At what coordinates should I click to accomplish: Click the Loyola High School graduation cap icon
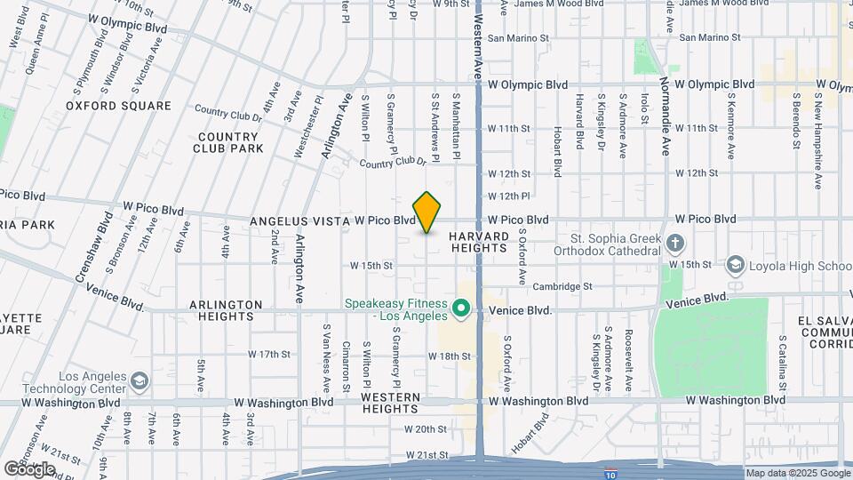point(735,265)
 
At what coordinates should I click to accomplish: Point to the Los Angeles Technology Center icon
point(139,381)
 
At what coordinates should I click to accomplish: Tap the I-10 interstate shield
point(610,472)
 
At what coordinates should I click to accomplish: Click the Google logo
point(29,468)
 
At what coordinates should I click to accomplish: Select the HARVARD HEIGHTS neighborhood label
point(478,242)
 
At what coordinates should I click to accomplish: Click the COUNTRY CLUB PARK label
point(228,142)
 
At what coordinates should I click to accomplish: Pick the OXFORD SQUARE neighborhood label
point(118,106)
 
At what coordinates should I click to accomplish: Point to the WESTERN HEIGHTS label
point(390,402)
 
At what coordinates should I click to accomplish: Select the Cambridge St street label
point(562,286)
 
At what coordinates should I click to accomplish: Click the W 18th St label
point(449,356)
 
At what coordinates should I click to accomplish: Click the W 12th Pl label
point(508,196)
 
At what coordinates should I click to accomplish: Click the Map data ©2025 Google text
point(796,473)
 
